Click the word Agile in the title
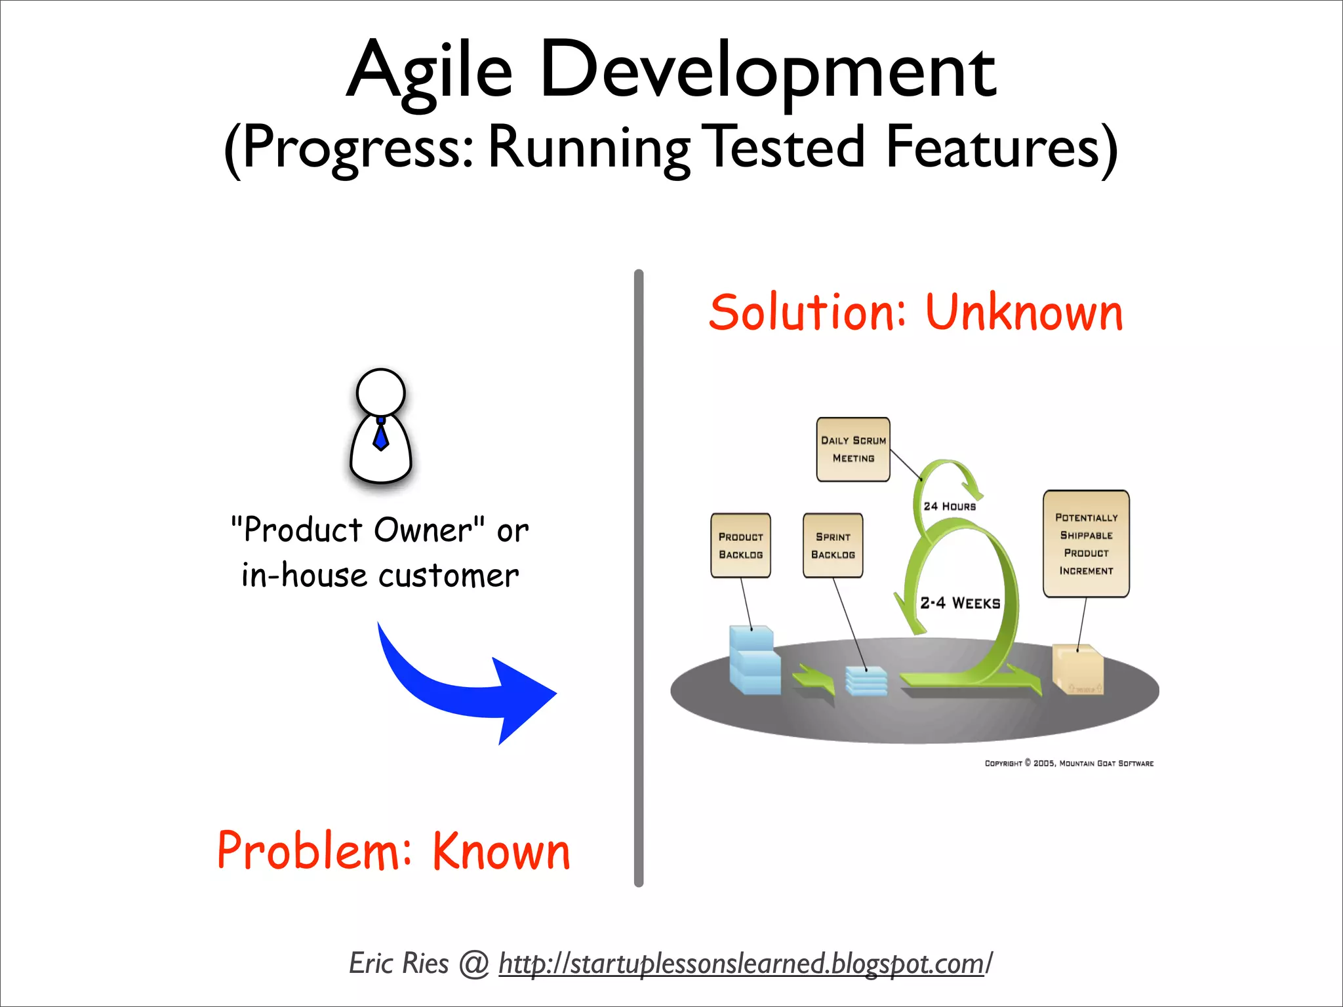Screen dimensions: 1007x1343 (430, 71)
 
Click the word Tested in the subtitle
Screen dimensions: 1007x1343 (787, 148)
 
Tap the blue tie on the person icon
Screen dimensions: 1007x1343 (381, 435)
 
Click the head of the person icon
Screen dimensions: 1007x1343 (381, 392)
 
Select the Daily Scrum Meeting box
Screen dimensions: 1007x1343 (853, 450)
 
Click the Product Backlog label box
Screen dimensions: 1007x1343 (740, 545)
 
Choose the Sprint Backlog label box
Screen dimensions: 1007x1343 (833, 545)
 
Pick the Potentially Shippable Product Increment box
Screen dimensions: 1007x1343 (1086, 544)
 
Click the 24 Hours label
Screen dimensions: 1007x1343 (950, 506)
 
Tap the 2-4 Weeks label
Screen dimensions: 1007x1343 (960, 603)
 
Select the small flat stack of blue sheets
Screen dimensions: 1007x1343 (866, 681)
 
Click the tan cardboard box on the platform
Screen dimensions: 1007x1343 (1077, 669)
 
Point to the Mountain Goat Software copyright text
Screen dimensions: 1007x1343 (1069, 763)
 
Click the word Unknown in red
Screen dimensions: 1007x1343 (1024, 313)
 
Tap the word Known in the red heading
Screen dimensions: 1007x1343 (501, 852)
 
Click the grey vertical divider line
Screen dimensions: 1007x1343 (639, 577)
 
